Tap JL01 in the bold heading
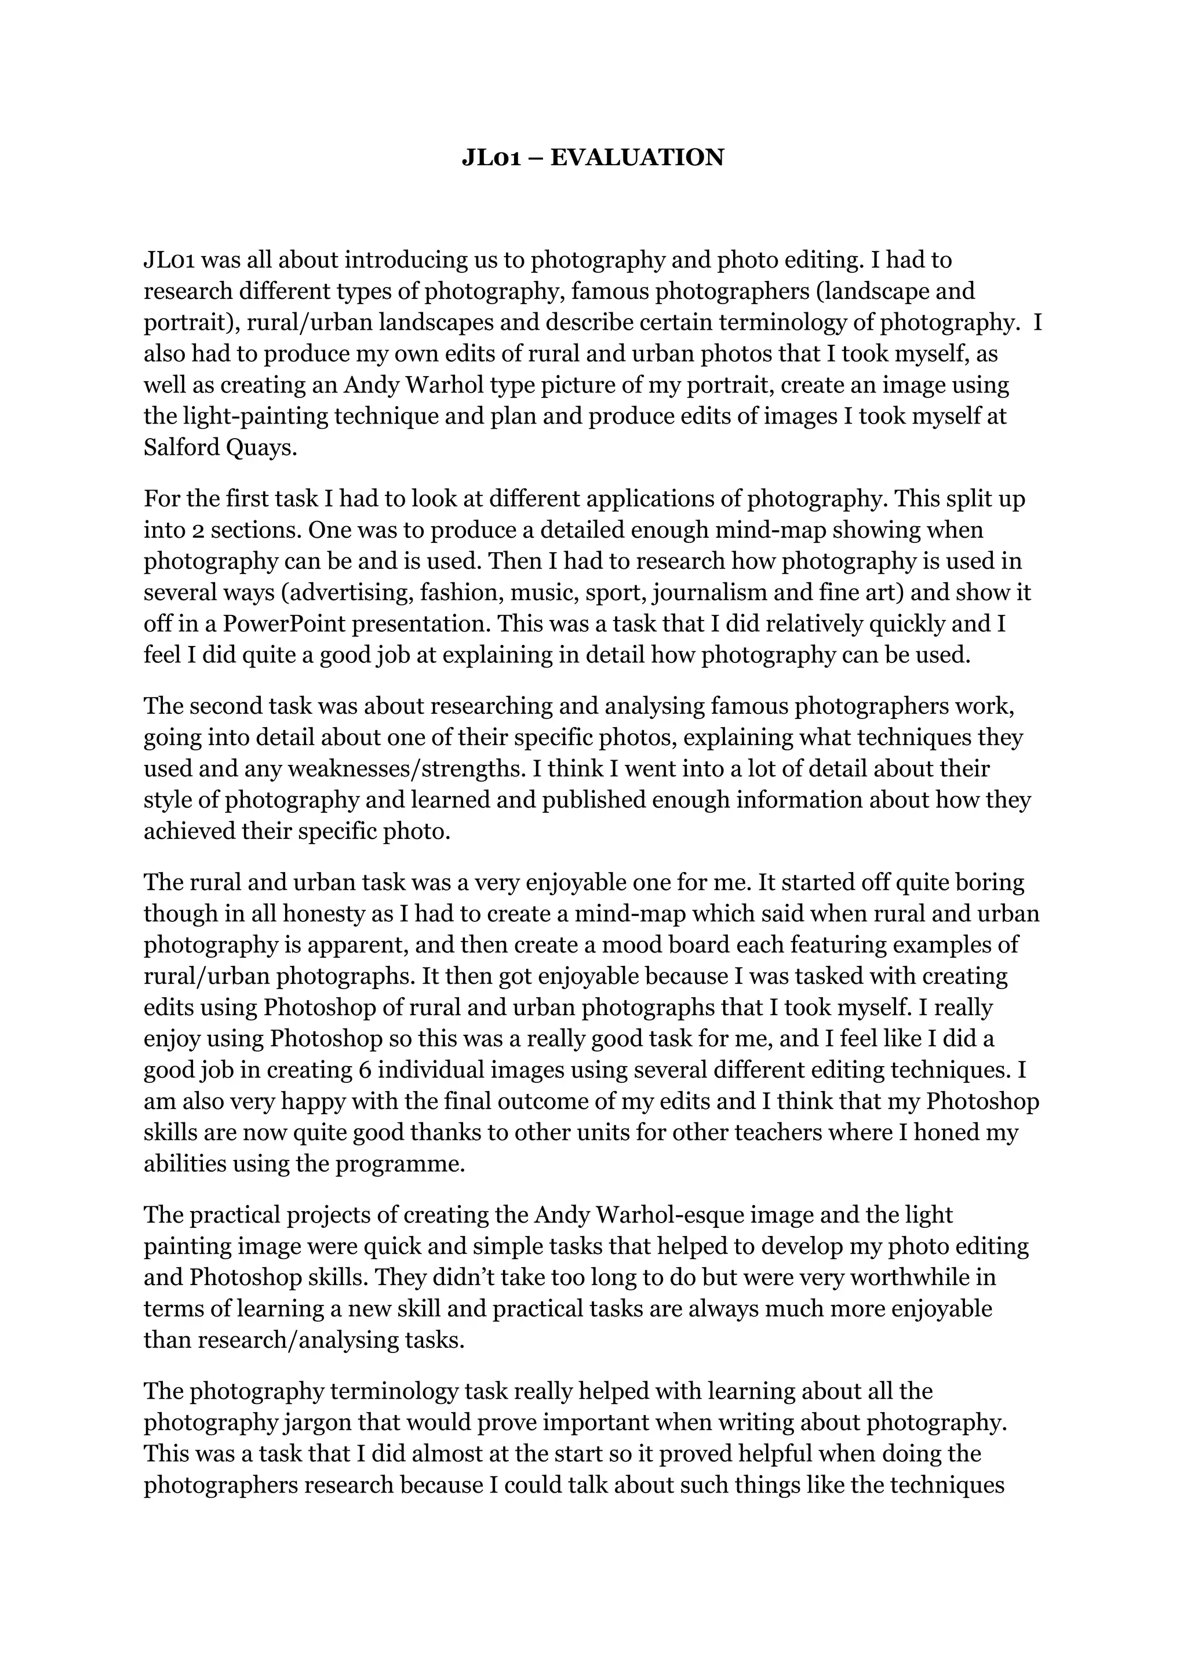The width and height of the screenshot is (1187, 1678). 490,158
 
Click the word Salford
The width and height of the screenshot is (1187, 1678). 181,447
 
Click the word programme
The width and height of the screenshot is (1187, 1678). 400,1164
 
